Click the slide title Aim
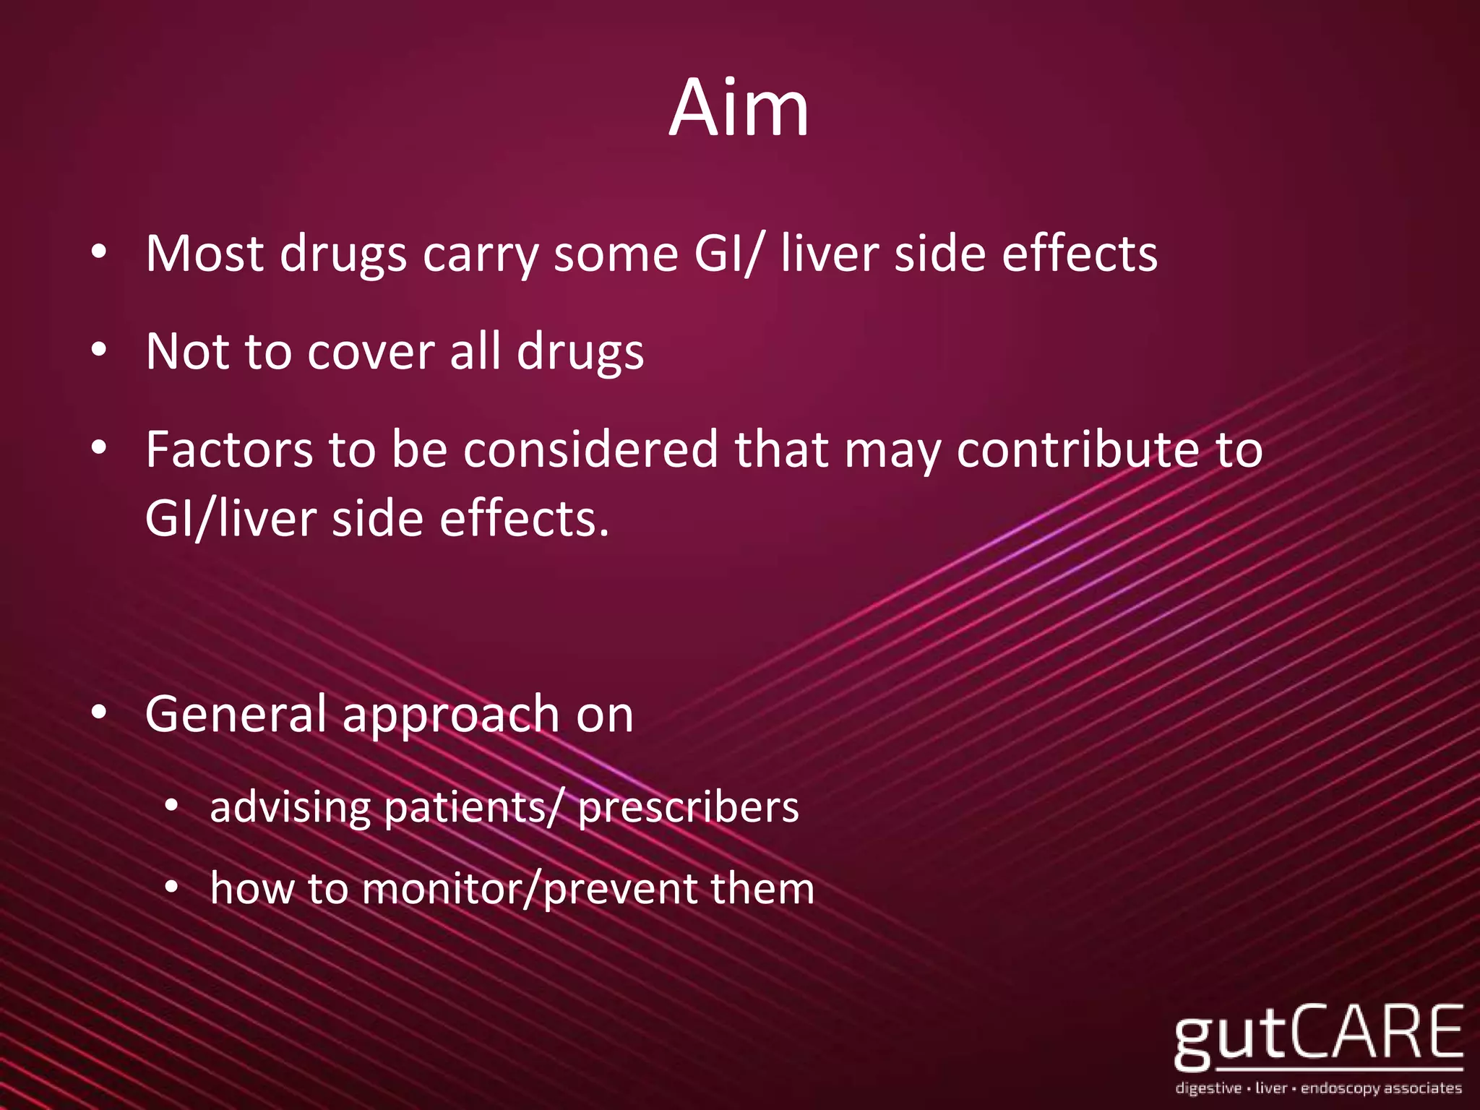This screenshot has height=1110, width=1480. tap(739, 108)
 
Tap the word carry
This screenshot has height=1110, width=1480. tap(481, 255)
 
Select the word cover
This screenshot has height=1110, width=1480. tap(370, 352)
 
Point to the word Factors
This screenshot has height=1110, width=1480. tap(229, 449)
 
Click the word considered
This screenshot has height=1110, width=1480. tap(590, 449)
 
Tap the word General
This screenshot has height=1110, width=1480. tap(236, 714)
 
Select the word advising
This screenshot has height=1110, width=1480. tap(290, 807)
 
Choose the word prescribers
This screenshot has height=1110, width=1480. tap(688, 807)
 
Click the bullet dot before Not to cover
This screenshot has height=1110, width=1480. tap(99, 350)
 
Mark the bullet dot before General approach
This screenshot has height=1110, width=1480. tap(99, 713)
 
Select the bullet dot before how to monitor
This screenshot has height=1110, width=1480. tap(171, 887)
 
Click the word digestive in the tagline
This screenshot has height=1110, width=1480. tap(1208, 1088)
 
